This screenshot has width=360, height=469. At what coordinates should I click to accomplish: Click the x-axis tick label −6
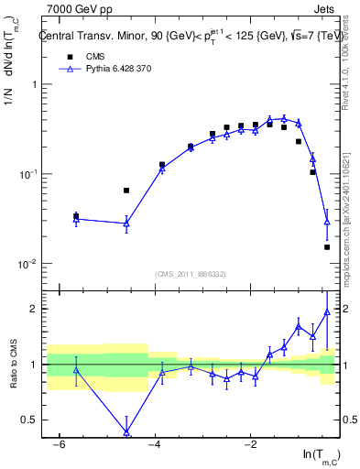[x=59, y=444]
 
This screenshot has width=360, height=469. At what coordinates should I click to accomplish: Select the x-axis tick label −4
[x=155, y=444]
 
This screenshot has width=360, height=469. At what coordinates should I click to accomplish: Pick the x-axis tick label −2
[x=250, y=444]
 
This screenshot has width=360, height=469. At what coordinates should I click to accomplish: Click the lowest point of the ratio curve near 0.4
[x=126, y=431]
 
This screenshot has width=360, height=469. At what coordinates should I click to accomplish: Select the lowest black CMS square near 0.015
[x=327, y=247]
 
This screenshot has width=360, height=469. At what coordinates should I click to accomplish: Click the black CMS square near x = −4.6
[x=126, y=191]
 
